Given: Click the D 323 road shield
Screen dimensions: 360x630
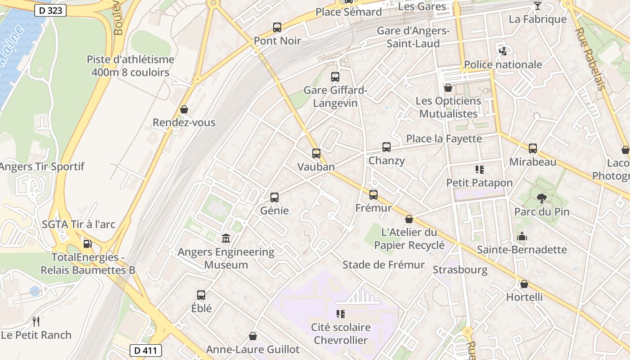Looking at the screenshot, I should tap(50, 10).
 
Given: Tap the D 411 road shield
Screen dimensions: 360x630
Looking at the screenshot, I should tap(145, 350).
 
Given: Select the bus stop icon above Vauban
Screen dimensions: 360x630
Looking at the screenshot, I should tap(316, 153).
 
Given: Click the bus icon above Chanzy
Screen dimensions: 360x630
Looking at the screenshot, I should tap(387, 147).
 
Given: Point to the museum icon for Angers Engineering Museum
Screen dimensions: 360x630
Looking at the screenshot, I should tap(226, 238).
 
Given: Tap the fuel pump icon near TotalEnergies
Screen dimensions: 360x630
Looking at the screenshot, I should tap(88, 244).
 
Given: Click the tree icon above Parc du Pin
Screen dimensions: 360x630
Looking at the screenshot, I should tap(541, 198).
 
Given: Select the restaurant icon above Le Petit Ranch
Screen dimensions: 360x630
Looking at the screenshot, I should tap(36, 321).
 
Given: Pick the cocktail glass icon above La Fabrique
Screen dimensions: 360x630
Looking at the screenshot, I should tap(537, 6).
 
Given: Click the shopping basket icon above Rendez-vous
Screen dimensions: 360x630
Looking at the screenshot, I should tap(184, 109).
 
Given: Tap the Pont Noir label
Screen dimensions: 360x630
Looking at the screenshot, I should tap(277, 41).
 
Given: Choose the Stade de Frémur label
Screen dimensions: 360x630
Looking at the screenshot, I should tap(383, 265).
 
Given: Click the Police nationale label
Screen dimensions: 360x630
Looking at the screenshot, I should tap(503, 65).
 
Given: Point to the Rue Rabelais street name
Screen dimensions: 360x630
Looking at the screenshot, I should tap(589, 58).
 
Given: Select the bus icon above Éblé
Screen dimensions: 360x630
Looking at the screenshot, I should tap(201, 295).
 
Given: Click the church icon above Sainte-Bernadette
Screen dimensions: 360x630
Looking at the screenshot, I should tap(522, 236).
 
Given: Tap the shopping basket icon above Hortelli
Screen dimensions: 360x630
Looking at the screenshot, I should tap(524, 284).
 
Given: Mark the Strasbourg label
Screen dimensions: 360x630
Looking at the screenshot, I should tap(460, 270).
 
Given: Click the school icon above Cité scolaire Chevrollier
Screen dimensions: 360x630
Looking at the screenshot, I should tap(341, 314).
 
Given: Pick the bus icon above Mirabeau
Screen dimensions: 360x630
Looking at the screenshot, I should tap(533, 148).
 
